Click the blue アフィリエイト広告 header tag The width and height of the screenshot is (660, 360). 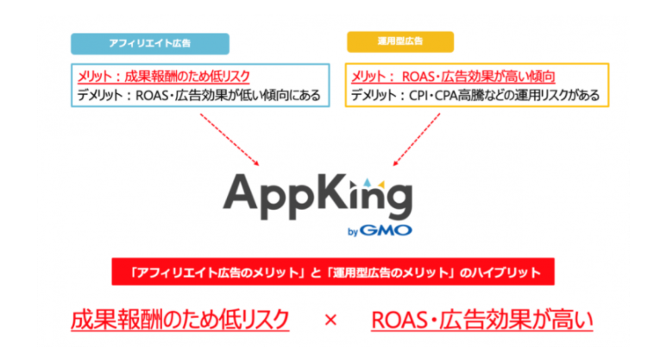point(149,43)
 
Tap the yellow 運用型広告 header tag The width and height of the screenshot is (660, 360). point(399,43)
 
